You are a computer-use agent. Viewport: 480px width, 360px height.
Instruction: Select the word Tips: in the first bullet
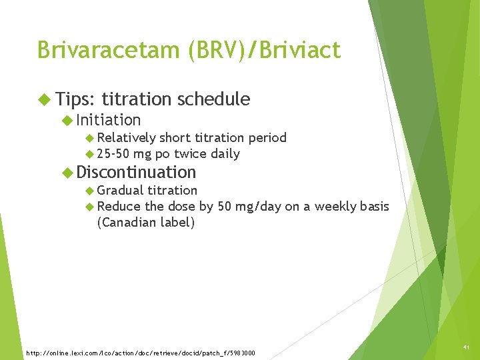77,99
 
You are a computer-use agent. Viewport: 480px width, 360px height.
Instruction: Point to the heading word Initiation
109,120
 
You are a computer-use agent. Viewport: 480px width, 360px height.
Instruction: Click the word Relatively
126,138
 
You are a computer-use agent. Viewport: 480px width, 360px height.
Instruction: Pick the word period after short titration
267,138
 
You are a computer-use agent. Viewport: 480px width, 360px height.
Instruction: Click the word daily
225,154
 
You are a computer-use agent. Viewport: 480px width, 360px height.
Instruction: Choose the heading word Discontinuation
137,172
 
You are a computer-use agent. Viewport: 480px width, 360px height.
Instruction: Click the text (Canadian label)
146,223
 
